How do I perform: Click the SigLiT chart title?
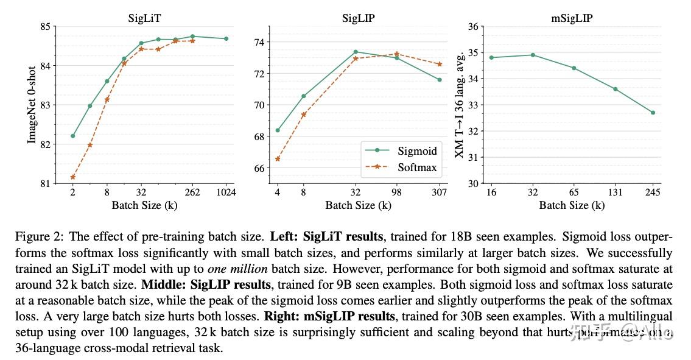click(144, 18)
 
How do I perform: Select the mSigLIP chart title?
click(572, 18)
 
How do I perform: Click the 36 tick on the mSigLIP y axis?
click(472, 27)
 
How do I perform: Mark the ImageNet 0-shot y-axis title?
click(32, 105)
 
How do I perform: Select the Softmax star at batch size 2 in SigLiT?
click(73, 177)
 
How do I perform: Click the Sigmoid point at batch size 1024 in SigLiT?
click(226, 38)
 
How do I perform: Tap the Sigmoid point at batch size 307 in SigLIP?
click(439, 80)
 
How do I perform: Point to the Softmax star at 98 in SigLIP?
click(396, 54)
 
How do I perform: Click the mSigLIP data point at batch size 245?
click(653, 113)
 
